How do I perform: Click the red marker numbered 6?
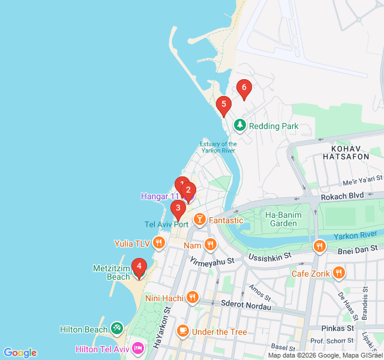[243, 88]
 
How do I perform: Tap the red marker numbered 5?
[223, 106]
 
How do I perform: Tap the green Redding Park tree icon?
[240, 125]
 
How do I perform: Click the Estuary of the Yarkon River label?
[218, 148]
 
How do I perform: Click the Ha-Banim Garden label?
[281, 219]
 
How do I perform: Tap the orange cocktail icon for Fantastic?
[199, 220]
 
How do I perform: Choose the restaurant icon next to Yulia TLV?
[158, 243]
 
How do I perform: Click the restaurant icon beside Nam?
[209, 244]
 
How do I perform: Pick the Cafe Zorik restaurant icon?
[339, 274]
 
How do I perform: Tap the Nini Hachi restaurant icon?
[192, 297]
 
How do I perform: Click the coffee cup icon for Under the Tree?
[182, 331]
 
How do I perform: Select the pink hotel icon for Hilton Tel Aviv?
[138, 349]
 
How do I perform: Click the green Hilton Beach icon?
[117, 329]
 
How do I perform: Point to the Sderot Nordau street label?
[245, 305]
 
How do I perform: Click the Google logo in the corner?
[20, 353]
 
